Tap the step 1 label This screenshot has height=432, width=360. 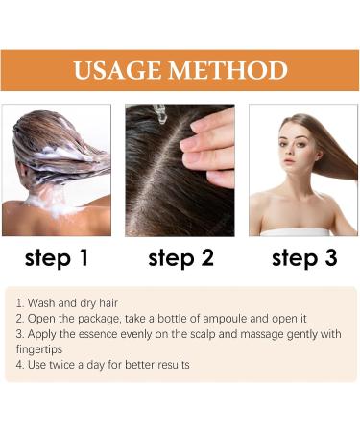pos(56,257)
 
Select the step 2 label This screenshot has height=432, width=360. pos(180,257)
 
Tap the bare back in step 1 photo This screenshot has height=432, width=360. pos(38,216)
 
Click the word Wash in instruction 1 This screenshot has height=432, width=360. pos(43,301)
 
